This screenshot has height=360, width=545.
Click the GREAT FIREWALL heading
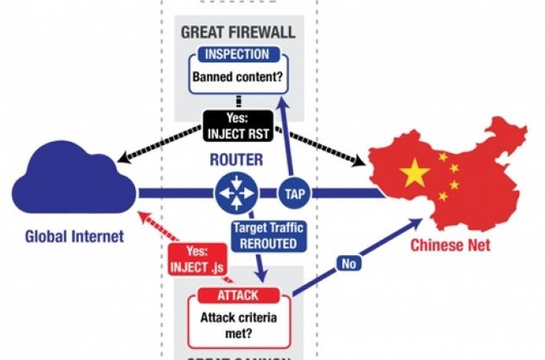click(238, 32)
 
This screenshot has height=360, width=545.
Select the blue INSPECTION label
click(238, 55)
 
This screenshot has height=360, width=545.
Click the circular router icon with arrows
click(237, 192)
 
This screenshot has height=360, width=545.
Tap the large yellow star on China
click(416, 173)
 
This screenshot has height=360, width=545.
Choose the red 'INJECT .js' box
click(196, 260)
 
